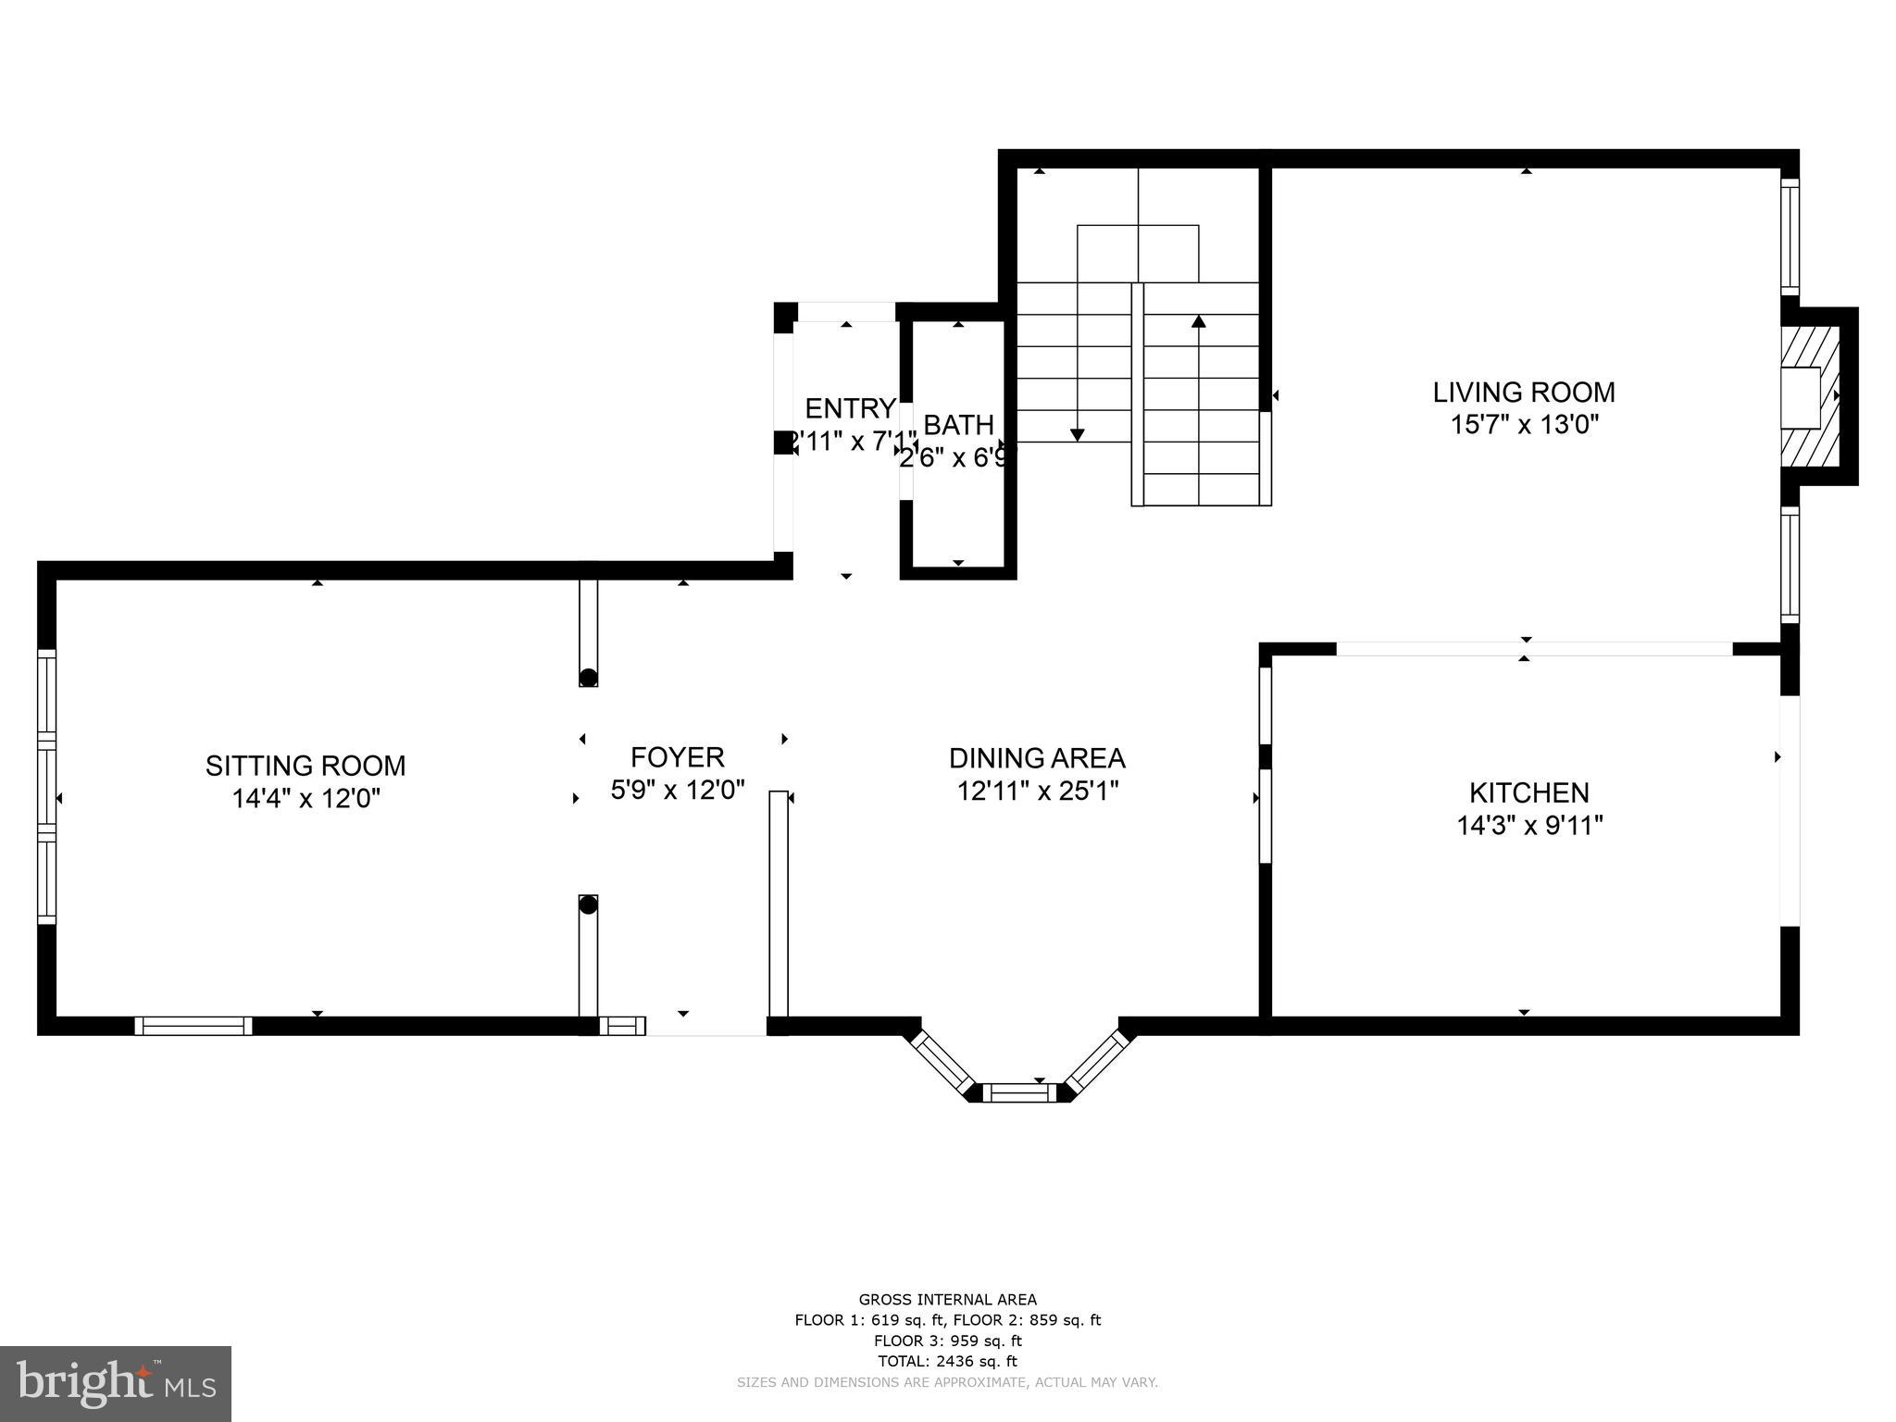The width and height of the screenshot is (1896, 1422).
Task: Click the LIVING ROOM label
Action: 1524,393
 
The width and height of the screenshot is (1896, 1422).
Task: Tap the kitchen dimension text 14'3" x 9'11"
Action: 1529,825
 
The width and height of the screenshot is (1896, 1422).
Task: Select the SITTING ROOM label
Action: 306,766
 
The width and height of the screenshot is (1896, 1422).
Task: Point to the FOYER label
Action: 678,757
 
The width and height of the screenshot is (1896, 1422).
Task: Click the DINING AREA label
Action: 1037,758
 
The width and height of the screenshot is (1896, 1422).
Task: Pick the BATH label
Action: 958,425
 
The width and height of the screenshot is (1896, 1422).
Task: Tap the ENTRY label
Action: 850,408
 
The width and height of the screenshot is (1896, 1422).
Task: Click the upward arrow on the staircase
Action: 1199,322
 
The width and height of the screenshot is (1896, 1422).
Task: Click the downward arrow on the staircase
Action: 1077,434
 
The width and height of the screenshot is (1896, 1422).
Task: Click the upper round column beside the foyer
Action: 588,677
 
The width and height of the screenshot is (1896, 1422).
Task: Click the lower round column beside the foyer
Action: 588,906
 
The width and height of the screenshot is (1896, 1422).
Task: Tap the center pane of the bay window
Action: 1018,1093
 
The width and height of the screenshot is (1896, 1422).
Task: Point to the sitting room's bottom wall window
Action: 193,1026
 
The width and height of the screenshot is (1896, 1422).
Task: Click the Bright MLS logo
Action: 116,1383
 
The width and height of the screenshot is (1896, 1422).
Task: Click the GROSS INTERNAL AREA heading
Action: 947,1300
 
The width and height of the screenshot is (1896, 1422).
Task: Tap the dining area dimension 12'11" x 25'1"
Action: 1037,791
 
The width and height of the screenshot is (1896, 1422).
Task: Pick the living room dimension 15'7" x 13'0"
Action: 1524,425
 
